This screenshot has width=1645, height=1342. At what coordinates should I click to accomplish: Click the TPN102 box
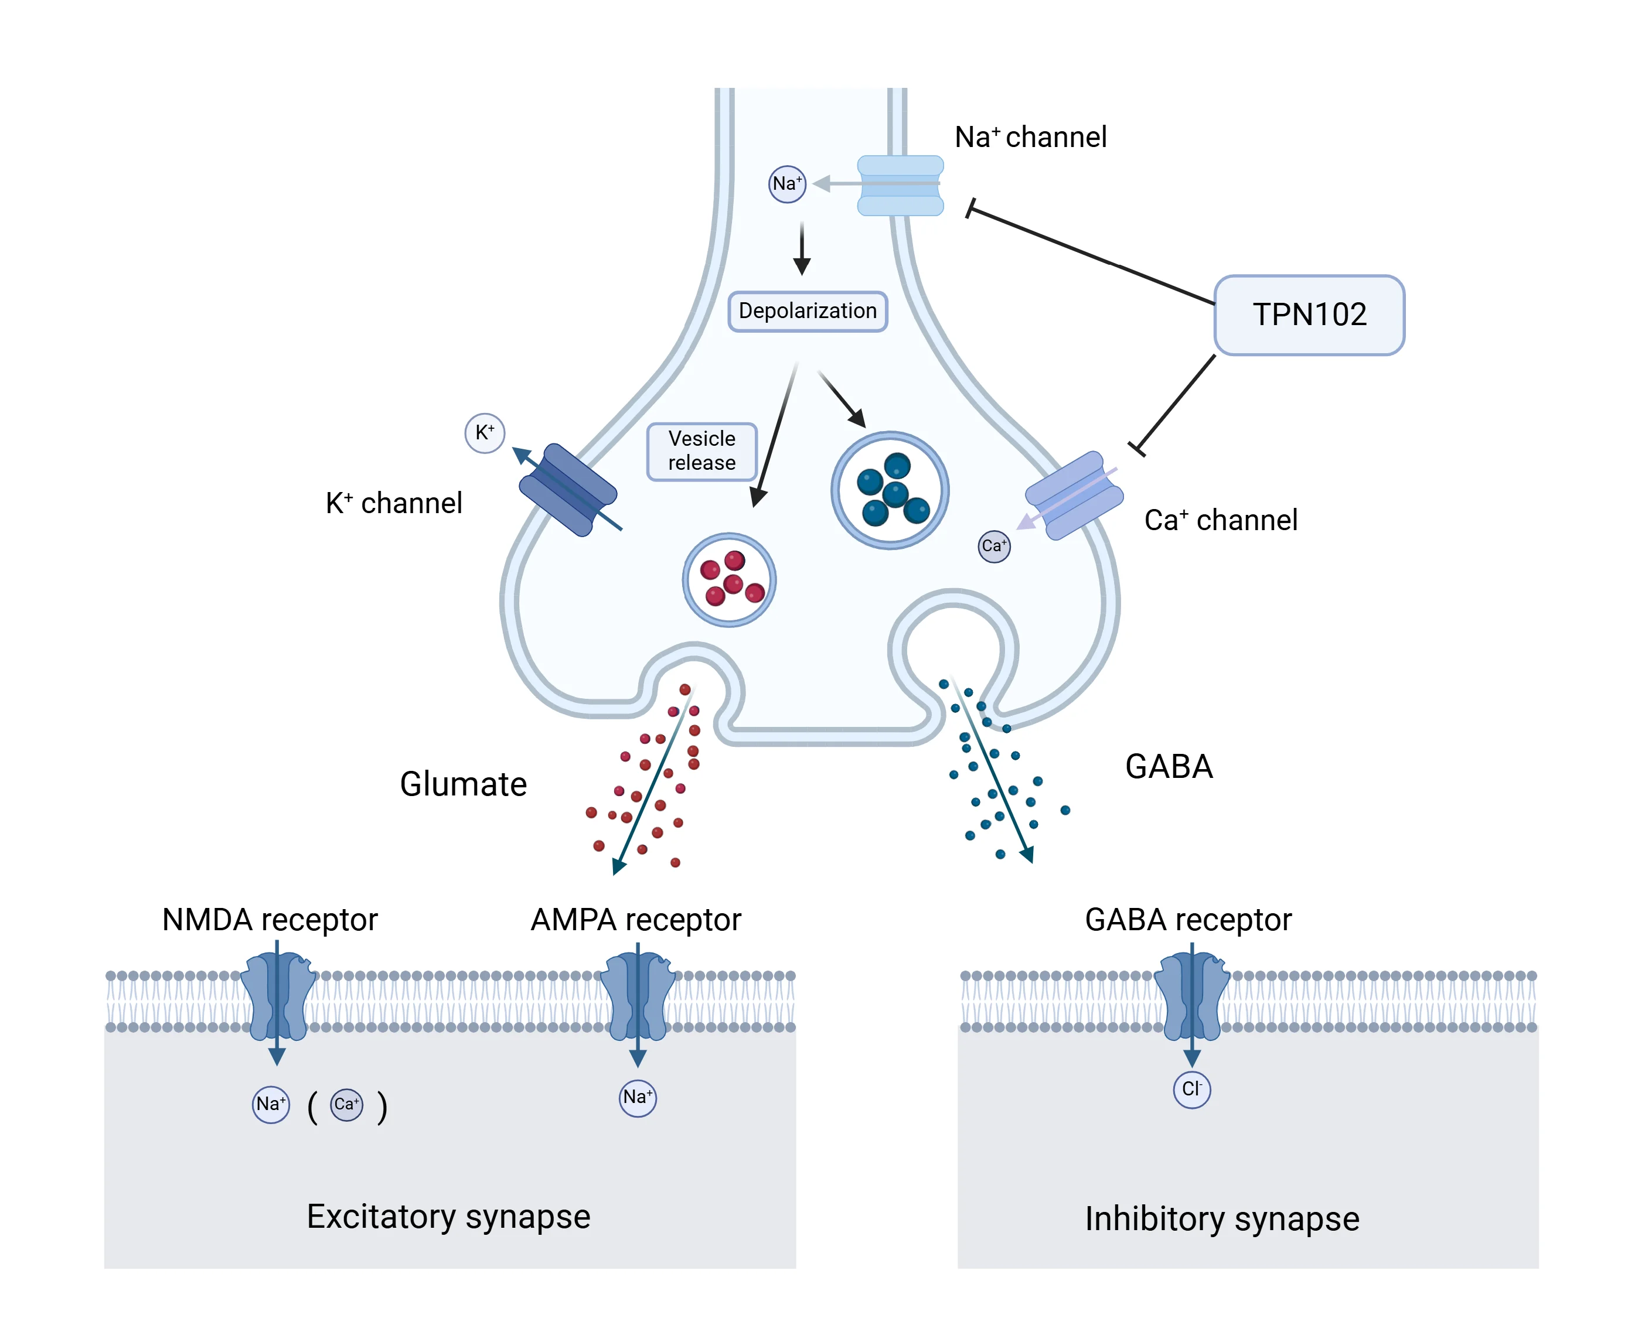[1309, 315]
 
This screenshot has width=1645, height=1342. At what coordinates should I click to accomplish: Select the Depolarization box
[808, 312]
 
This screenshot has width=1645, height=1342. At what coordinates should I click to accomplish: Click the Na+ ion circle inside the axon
[786, 184]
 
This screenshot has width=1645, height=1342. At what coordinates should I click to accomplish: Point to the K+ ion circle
[485, 433]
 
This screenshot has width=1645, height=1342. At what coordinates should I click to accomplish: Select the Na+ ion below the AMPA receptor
[638, 1098]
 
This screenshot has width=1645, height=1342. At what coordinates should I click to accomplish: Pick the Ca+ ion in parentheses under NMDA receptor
[346, 1105]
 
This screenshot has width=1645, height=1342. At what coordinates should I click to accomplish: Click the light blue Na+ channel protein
[900, 186]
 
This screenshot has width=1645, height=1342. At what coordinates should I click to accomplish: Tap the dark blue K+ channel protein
[568, 489]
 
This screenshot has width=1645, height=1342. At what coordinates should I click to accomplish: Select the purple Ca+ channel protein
[1074, 496]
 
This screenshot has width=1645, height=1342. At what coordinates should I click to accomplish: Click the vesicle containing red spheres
[728, 580]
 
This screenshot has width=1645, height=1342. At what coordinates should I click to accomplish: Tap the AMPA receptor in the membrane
[638, 997]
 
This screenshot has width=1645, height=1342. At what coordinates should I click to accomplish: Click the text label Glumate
[463, 784]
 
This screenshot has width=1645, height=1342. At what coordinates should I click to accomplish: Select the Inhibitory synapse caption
[1221, 1219]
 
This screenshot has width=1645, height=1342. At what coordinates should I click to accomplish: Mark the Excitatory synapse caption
[448, 1217]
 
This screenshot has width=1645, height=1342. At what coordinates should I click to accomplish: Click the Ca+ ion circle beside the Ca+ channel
[994, 547]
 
